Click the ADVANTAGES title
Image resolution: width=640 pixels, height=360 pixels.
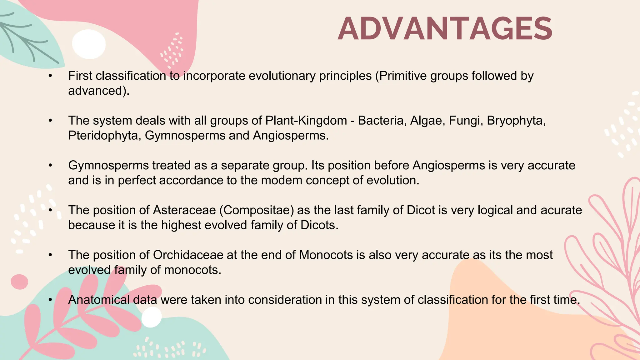tap(445, 29)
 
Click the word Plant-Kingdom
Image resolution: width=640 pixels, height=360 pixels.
tap(306, 121)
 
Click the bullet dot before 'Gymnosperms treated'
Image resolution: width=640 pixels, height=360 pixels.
tap(50, 165)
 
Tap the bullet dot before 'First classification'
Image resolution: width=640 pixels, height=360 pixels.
tap(50, 76)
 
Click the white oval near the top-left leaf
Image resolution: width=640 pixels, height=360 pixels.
tap(89, 44)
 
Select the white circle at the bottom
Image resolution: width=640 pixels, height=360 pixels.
tap(152, 317)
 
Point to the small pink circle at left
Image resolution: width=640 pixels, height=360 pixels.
tap(19, 282)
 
